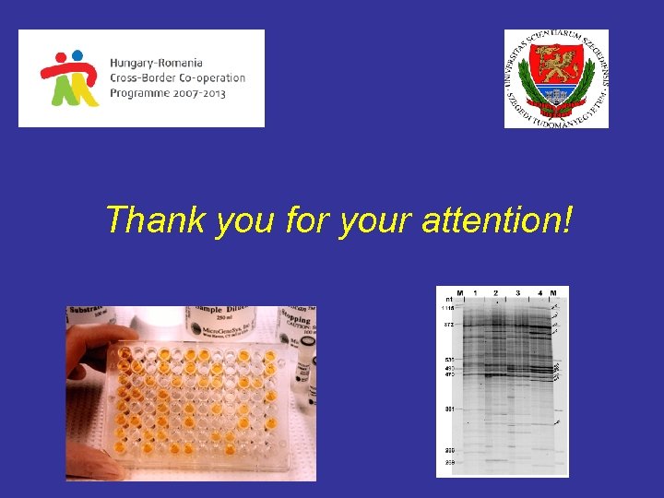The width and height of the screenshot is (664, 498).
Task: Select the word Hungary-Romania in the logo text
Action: (x=160, y=63)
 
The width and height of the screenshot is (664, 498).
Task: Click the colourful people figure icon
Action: (x=69, y=77)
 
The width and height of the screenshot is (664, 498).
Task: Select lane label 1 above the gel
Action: (x=475, y=293)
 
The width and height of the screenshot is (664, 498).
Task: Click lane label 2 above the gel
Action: (x=496, y=293)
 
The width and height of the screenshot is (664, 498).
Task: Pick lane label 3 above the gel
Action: (x=517, y=293)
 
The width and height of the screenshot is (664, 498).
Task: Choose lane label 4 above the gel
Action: (x=540, y=293)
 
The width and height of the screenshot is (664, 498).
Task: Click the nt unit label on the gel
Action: (x=448, y=300)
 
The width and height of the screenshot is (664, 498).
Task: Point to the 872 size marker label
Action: (x=448, y=326)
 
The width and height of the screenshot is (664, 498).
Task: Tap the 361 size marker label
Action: (x=448, y=409)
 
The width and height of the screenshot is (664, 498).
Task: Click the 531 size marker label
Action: (x=448, y=359)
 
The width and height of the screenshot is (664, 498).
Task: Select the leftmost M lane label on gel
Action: (x=459, y=293)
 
